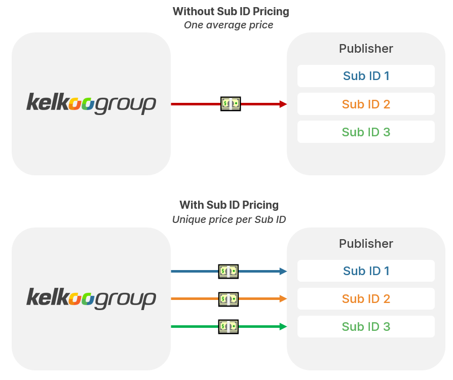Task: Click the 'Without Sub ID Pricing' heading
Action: pyautogui.click(x=231, y=11)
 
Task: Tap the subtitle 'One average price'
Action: pyautogui.click(x=229, y=25)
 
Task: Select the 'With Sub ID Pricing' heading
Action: pyautogui.click(x=229, y=205)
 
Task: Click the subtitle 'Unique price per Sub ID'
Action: pyautogui.click(x=229, y=219)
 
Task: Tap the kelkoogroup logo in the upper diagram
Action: pyautogui.click(x=91, y=103)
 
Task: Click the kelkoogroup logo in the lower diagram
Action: pyautogui.click(x=91, y=298)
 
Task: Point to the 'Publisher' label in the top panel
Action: pyautogui.click(x=366, y=49)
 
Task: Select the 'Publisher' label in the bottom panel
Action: pyautogui.click(x=366, y=244)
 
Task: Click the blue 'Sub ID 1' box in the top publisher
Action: pyautogui.click(x=366, y=76)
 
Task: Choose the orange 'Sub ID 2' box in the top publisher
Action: pyautogui.click(x=366, y=104)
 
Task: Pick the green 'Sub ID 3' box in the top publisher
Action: pyautogui.click(x=366, y=132)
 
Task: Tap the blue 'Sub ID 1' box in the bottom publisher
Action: pyautogui.click(x=366, y=271)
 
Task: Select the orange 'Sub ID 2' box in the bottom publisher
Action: pyautogui.click(x=366, y=299)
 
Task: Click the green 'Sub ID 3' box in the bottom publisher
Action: pyautogui.click(x=366, y=327)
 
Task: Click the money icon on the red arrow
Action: pyautogui.click(x=231, y=104)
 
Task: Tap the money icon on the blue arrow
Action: pyautogui.click(x=228, y=271)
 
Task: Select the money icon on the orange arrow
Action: pyautogui.click(x=228, y=299)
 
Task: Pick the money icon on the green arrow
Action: pyautogui.click(x=228, y=327)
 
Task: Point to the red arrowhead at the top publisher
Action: pyautogui.click(x=283, y=104)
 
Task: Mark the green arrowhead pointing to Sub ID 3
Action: pyautogui.click(x=283, y=327)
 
